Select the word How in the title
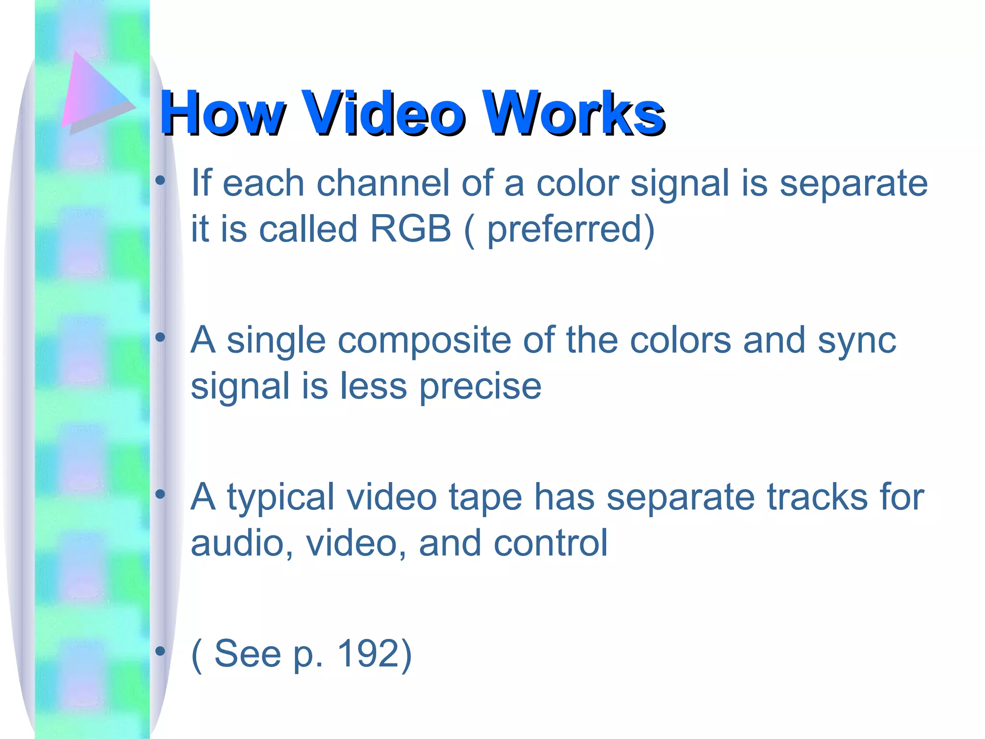(222, 114)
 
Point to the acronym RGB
(411, 229)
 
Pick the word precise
(480, 387)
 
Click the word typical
(281, 498)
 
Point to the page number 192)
(375, 654)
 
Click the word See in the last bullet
(248, 654)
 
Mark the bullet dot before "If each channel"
(160, 181)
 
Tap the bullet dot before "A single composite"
(160, 338)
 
